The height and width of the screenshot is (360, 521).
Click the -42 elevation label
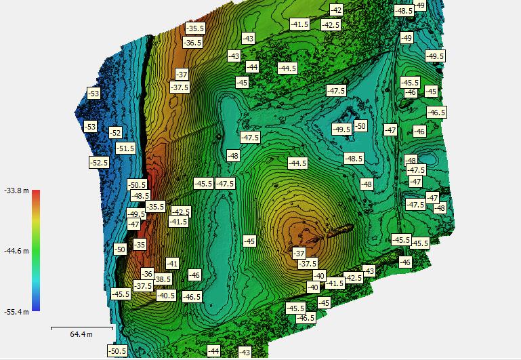coord(336,9)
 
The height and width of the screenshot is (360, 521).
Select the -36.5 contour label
coord(192,42)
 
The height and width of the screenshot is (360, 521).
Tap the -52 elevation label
coord(115,133)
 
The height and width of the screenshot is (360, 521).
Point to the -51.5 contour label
coord(125,148)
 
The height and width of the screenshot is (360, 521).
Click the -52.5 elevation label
coord(99,163)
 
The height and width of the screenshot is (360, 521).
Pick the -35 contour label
coord(140,244)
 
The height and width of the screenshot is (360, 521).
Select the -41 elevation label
coord(172,263)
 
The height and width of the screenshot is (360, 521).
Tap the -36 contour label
coord(147,274)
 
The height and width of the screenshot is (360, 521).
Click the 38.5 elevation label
coord(163,279)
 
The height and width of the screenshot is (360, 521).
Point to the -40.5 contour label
coord(166,295)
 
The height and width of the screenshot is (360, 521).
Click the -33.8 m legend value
coord(16,191)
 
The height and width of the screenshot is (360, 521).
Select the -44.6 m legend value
coord(16,251)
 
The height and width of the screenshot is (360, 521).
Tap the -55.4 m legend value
coord(16,311)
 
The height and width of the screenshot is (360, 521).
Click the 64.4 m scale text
coord(81,334)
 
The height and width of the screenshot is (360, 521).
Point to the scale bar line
coord(81,327)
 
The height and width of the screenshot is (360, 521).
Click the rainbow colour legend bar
coord(36,250)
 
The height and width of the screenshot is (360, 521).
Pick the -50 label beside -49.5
coord(360,125)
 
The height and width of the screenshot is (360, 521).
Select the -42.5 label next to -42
coord(331,24)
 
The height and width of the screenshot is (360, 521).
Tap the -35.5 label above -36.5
coord(195,28)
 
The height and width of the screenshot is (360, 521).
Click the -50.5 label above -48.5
coord(137,184)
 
